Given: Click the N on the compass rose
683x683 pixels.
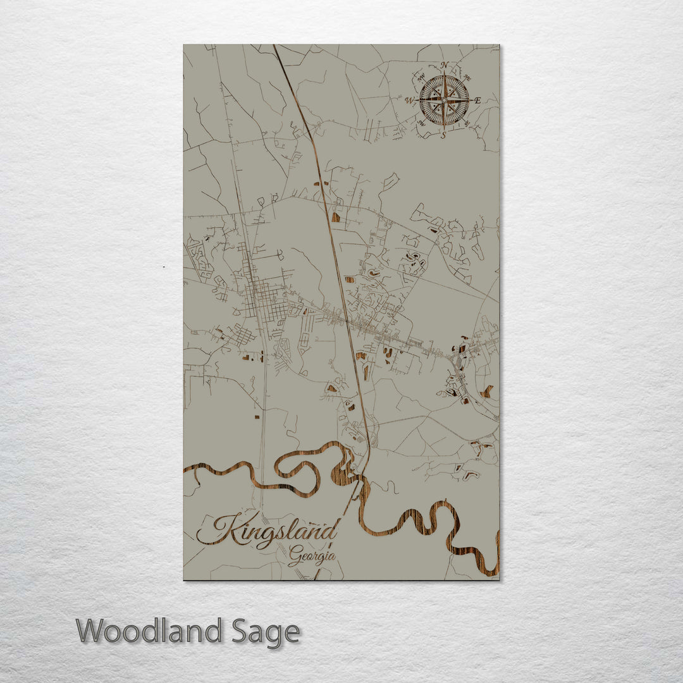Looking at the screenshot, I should coord(444,65).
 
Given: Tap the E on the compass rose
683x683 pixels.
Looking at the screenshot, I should coord(477,101).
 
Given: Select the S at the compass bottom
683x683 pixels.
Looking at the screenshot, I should coord(443,135).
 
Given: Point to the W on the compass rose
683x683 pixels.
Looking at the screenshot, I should coord(409,101).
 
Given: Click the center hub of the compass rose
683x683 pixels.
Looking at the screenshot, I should coord(444,100).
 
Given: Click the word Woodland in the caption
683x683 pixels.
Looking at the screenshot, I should coord(149,632).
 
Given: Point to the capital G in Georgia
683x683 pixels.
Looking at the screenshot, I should coord(295,558).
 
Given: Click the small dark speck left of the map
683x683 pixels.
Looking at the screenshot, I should coord(164,267).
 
